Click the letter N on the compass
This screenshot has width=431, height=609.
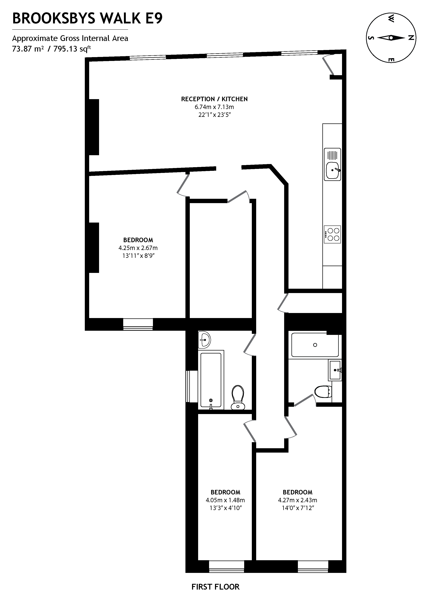click(x=411, y=38)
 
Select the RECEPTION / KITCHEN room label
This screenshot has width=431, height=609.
click(x=214, y=99)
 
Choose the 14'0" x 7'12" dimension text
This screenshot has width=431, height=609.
click(x=298, y=508)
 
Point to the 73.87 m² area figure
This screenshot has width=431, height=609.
click(x=28, y=49)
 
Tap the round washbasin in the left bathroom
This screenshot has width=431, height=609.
click(x=205, y=340)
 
